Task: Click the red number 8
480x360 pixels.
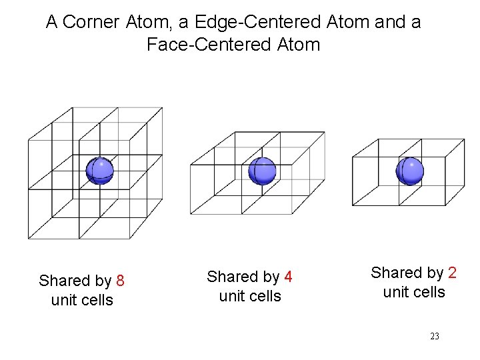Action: tap(120, 281)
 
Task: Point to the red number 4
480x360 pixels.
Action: tap(288, 277)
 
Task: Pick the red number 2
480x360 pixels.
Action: tap(452, 273)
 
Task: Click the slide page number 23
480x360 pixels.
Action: tap(435, 337)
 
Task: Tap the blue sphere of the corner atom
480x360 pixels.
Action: tap(100, 171)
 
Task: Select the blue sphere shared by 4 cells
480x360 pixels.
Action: tap(262, 171)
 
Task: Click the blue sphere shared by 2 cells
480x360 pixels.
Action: tap(409, 171)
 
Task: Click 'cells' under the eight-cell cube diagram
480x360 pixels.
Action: tap(97, 300)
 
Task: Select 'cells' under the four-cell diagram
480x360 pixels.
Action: tap(265, 296)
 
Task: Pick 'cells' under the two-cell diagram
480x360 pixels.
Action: tap(429, 292)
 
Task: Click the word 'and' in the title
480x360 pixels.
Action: tap(389, 22)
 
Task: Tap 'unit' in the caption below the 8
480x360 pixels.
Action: tap(63, 300)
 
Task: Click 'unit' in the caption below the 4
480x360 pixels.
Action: tap(231, 296)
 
